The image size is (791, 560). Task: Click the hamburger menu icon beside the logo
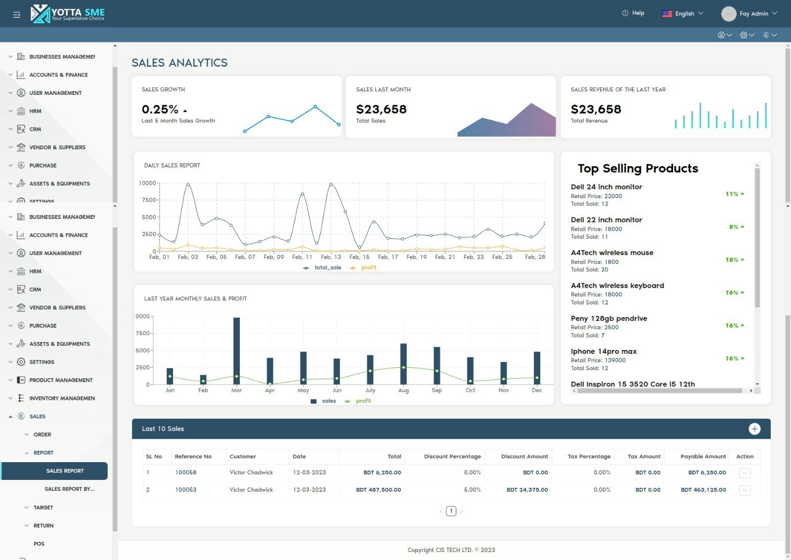16,14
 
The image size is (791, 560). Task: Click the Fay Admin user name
753,14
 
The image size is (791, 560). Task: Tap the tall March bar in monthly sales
236,351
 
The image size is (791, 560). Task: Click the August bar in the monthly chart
403,364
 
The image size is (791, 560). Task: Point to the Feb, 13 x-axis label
331,257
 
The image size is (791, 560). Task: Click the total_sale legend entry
327,268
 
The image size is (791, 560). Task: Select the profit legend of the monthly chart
363,401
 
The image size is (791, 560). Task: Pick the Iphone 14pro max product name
603,351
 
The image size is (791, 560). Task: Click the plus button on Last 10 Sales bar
754,429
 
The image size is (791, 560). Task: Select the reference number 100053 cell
185,490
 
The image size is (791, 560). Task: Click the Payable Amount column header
703,457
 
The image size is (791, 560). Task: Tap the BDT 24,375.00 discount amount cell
527,490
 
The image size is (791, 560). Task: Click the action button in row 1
745,473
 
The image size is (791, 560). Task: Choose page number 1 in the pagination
451,511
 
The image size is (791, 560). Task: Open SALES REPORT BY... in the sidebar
69,489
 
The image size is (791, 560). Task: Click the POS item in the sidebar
39,544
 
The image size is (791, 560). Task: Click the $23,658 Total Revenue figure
596,109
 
